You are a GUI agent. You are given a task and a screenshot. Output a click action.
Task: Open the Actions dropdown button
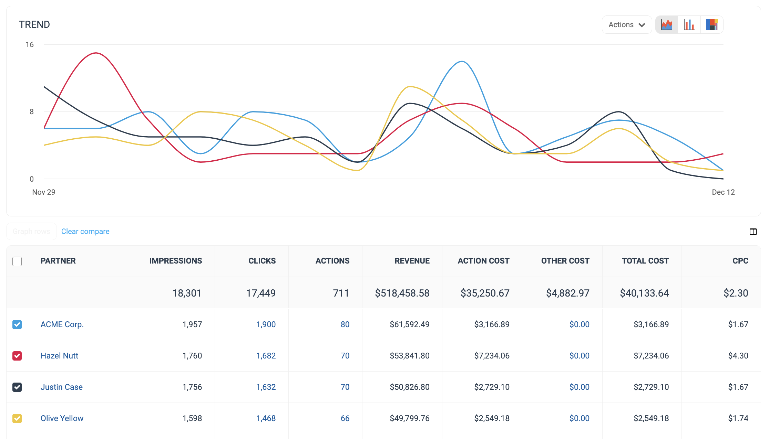626,25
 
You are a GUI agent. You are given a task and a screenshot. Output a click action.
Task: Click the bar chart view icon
689,25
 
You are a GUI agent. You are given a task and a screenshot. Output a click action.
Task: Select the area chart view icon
667,25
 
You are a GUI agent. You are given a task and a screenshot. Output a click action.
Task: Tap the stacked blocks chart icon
712,25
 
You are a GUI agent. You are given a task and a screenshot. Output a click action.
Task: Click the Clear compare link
85,232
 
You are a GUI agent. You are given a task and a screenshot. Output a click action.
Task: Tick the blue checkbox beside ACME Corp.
17,324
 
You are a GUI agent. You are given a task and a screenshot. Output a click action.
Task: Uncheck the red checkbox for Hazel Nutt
17,356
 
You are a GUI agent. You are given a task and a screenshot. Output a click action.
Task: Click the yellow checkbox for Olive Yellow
17,418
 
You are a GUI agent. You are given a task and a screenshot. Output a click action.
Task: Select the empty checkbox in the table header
17,261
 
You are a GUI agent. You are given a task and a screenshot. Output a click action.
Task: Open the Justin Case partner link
62,387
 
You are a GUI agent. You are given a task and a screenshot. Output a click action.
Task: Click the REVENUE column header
412,261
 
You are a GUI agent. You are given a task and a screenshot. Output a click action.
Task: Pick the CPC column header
740,261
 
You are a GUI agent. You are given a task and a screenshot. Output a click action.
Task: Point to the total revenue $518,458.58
402,293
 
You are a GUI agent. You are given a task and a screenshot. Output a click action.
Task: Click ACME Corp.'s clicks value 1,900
266,324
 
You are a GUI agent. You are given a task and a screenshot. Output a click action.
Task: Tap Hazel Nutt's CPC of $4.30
738,356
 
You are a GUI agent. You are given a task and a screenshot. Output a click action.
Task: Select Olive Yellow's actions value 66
345,418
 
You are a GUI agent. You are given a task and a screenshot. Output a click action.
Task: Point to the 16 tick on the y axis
30,45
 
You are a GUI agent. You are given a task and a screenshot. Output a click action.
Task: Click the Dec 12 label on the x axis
723,192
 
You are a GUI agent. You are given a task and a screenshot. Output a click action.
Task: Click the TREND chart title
34,25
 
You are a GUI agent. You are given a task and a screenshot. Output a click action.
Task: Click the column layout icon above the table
753,232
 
